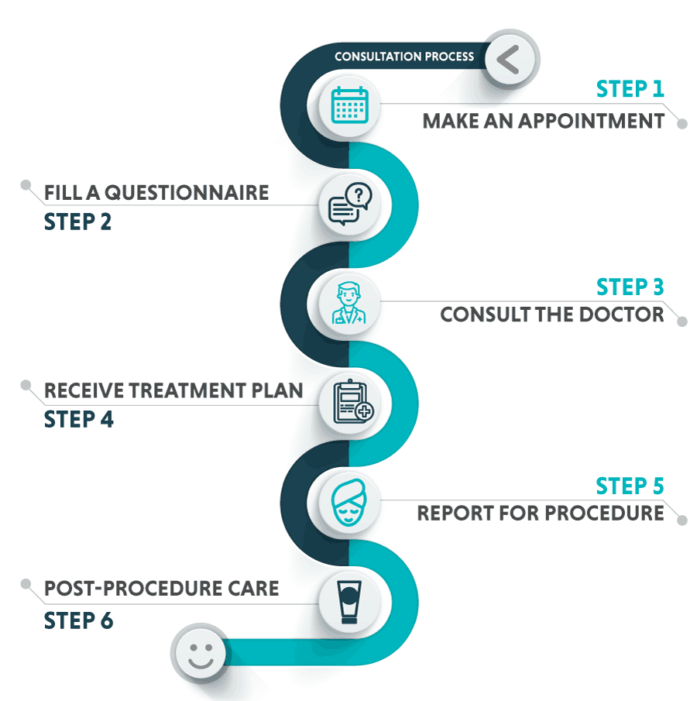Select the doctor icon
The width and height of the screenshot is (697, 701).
pos(348,304)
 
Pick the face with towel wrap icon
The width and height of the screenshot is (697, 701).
pos(348,502)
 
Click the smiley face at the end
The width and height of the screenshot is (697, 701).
pos(199,653)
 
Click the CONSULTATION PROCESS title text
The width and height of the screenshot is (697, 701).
pos(404,57)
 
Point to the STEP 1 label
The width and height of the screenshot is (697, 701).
pos(630,89)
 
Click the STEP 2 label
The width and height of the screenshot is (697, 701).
pos(78,222)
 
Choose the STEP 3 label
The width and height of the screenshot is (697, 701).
pos(630,287)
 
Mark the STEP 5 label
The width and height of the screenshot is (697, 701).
pos(630,486)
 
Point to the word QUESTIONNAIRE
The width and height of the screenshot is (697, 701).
pos(187,193)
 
